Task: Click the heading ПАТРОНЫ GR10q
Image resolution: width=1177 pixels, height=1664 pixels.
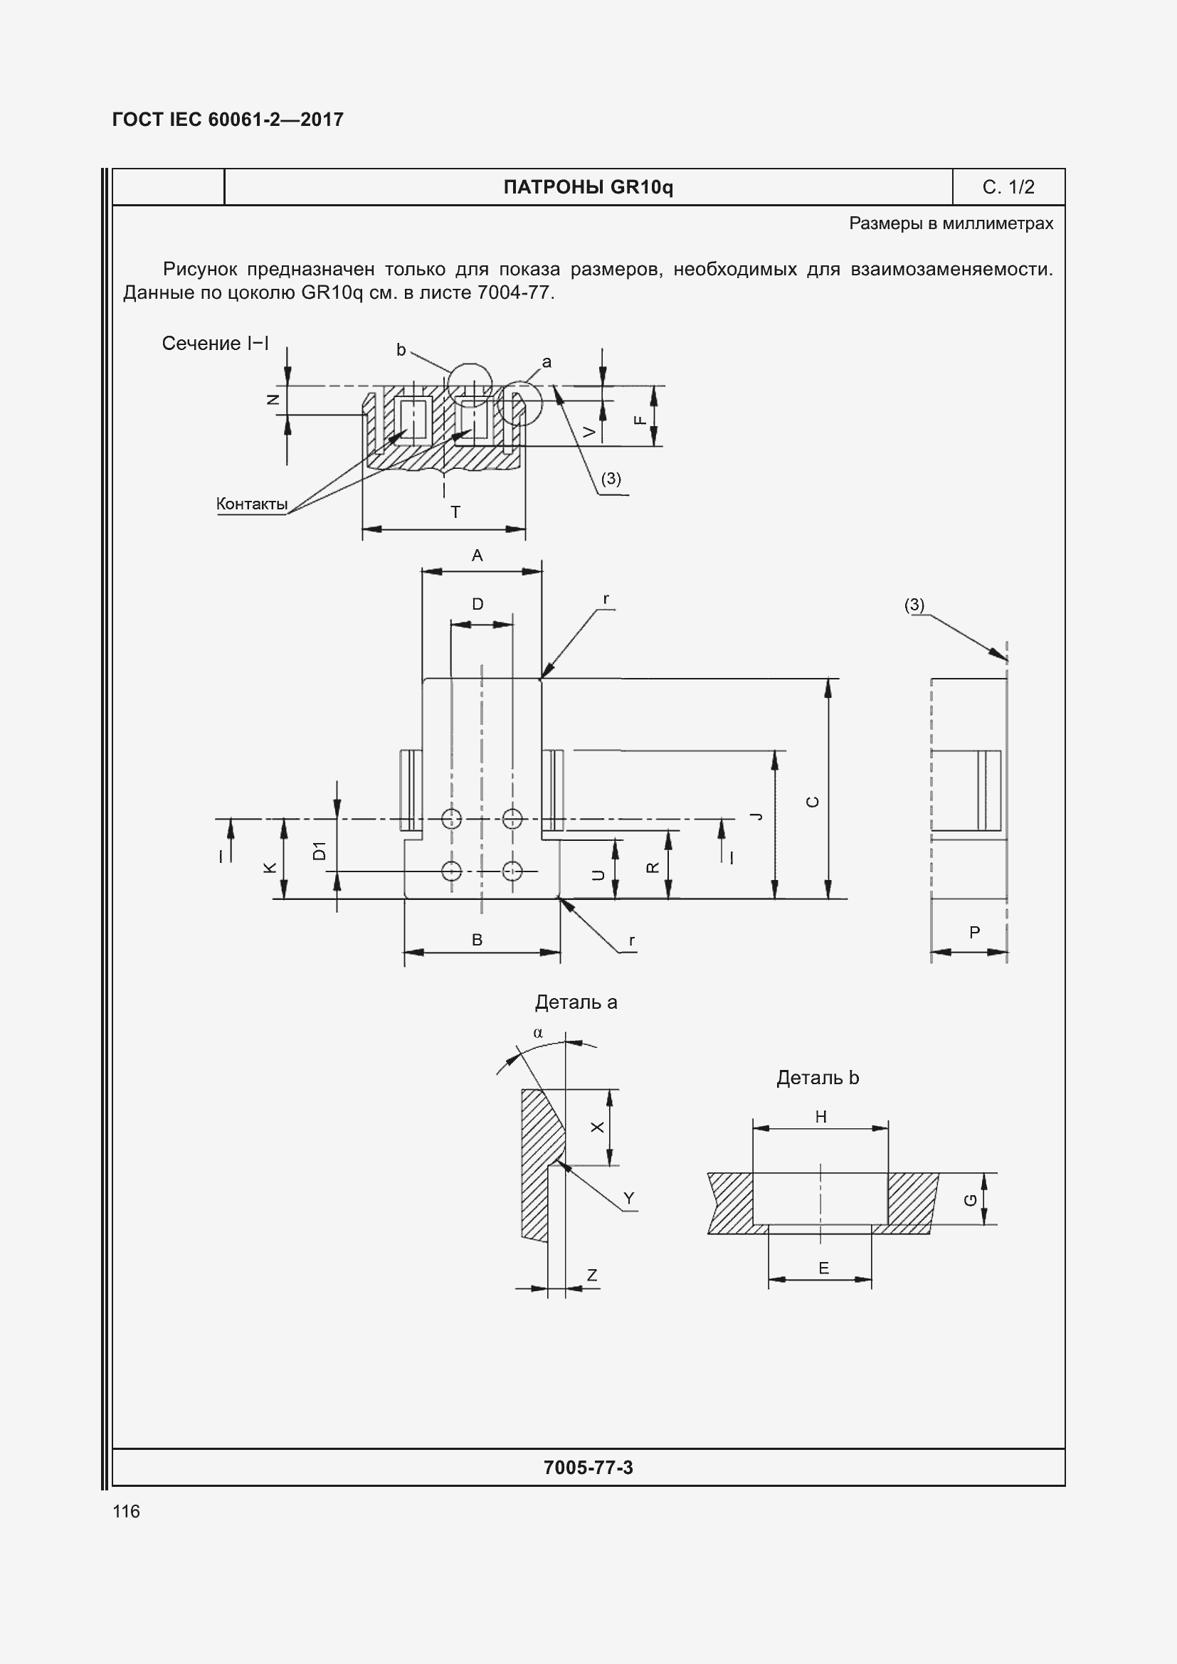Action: click(588, 188)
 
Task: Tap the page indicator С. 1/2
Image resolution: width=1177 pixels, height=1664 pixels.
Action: click(1008, 188)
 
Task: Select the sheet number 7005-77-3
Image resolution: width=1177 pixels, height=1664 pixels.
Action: click(588, 1468)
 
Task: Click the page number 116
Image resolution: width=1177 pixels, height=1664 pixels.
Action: click(126, 1511)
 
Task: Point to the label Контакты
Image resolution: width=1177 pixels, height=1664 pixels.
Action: click(251, 504)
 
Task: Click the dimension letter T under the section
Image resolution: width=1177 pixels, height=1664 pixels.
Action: click(455, 512)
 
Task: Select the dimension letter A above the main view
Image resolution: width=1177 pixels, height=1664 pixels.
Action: click(477, 556)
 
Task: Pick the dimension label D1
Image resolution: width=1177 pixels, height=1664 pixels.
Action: click(320, 851)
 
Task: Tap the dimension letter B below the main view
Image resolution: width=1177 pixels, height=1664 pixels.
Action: click(477, 940)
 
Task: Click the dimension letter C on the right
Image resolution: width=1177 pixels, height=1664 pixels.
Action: click(813, 802)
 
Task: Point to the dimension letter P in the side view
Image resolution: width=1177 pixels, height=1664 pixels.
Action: click(974, 933)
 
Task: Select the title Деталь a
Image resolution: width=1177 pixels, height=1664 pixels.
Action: click(576, 1002)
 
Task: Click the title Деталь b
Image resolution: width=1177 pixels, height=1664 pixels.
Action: click(817, 1078)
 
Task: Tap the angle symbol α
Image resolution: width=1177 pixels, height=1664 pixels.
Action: click(538, 1033)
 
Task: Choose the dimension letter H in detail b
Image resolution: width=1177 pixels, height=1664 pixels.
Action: click(820, 1117)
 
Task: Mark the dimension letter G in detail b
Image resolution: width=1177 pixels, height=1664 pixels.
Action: click(971, 1201)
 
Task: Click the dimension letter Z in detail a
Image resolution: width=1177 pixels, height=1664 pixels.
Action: click(592, 1275)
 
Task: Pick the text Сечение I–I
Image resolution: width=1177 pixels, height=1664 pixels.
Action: click(215, 344)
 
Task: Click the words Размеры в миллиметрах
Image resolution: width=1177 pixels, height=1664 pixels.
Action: click(951, 223)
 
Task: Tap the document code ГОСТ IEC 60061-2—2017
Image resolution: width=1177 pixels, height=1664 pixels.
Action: click(228, 120)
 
